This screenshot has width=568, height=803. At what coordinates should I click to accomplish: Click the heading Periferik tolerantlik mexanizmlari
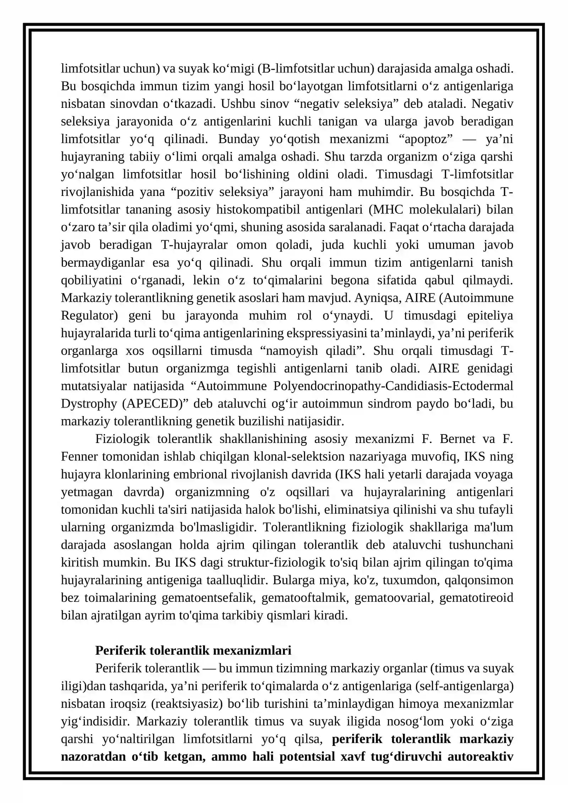coord(193,650)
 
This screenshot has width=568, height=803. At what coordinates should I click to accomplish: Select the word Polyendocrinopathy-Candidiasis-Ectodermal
coord(393,386)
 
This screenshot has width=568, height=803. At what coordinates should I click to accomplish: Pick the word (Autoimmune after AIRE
coord(476,297)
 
